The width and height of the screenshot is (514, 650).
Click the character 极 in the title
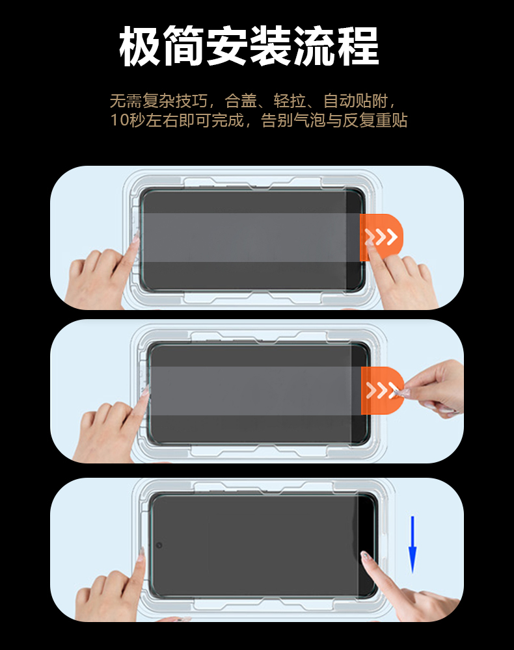pyautogui.click(x=140, y=45)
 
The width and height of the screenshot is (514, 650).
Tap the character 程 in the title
pyautogui.click(x=358, y=45)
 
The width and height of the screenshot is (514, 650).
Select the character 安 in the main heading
pyautogui.click(x=227, y=45)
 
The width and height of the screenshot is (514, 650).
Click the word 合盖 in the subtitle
pyautogui.click(x=241, y=101)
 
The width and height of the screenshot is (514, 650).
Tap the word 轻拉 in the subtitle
pyautogui.click(x=290, y=101)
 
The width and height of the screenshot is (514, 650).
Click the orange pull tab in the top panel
pyautogui.click(x=381, y=237)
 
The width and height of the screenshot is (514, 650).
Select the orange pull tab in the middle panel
pyautogui.click(x=382, y=390)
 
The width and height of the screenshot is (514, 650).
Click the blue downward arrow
pyautogui.click(x=413, y=544)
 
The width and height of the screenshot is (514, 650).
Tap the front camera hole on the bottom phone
pyautogui.click(x=159, y=545)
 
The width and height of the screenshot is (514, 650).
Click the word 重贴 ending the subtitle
pyautogui.click(x=391, y=121)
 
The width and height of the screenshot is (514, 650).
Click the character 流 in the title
pyautogui.click(x=315, y=45)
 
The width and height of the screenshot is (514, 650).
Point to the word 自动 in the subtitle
pyautogui.click(x=339, y=101)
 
